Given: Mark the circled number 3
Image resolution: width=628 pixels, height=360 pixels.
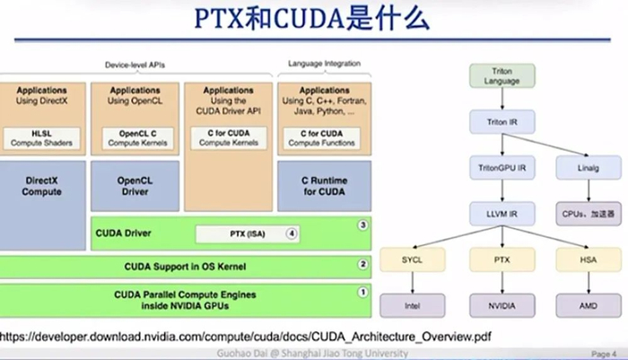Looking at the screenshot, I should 362,224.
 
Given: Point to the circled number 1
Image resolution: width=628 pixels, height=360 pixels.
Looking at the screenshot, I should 362,292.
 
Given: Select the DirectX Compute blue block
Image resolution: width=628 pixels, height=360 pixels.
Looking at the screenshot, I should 42,186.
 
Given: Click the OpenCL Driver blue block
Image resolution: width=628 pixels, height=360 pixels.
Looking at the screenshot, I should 135,186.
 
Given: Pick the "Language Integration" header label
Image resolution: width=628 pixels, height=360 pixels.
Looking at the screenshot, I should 324,64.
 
